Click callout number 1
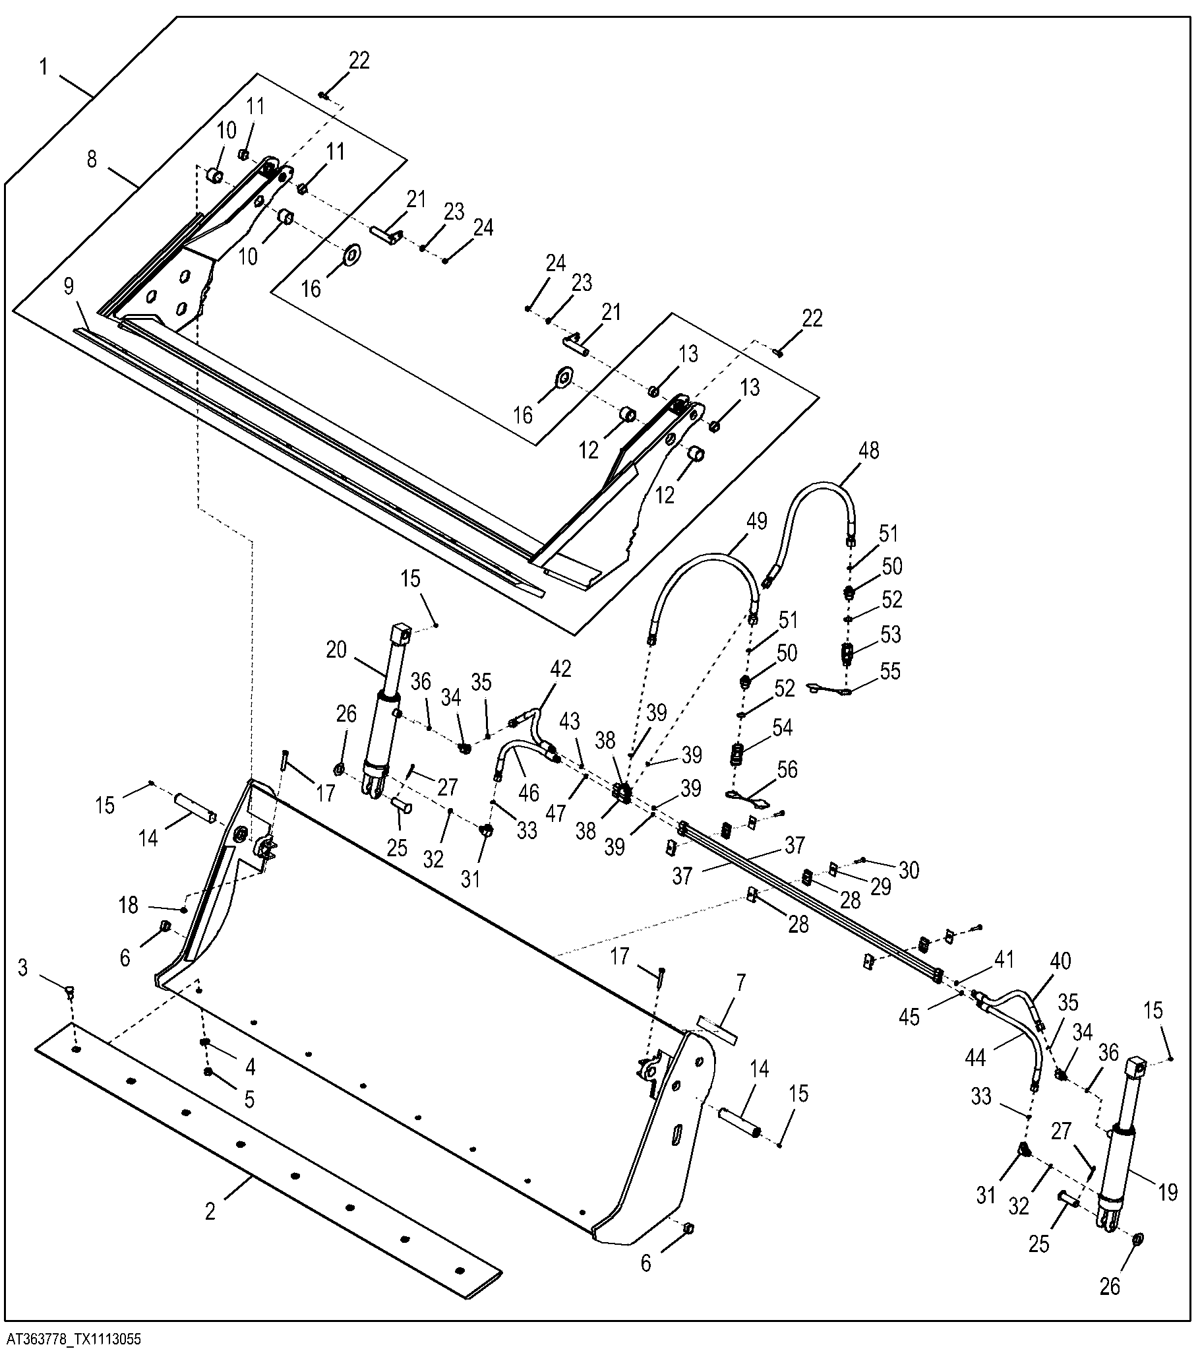click(x=45, y=67)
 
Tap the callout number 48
click(x=868, y=450)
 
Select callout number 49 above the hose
click(x=757, y=522)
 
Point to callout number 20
click(x=336, y=650)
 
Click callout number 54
click(x=782, y=728)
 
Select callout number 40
click(x=1060, y=960)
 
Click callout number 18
click(x=128, y=905)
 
